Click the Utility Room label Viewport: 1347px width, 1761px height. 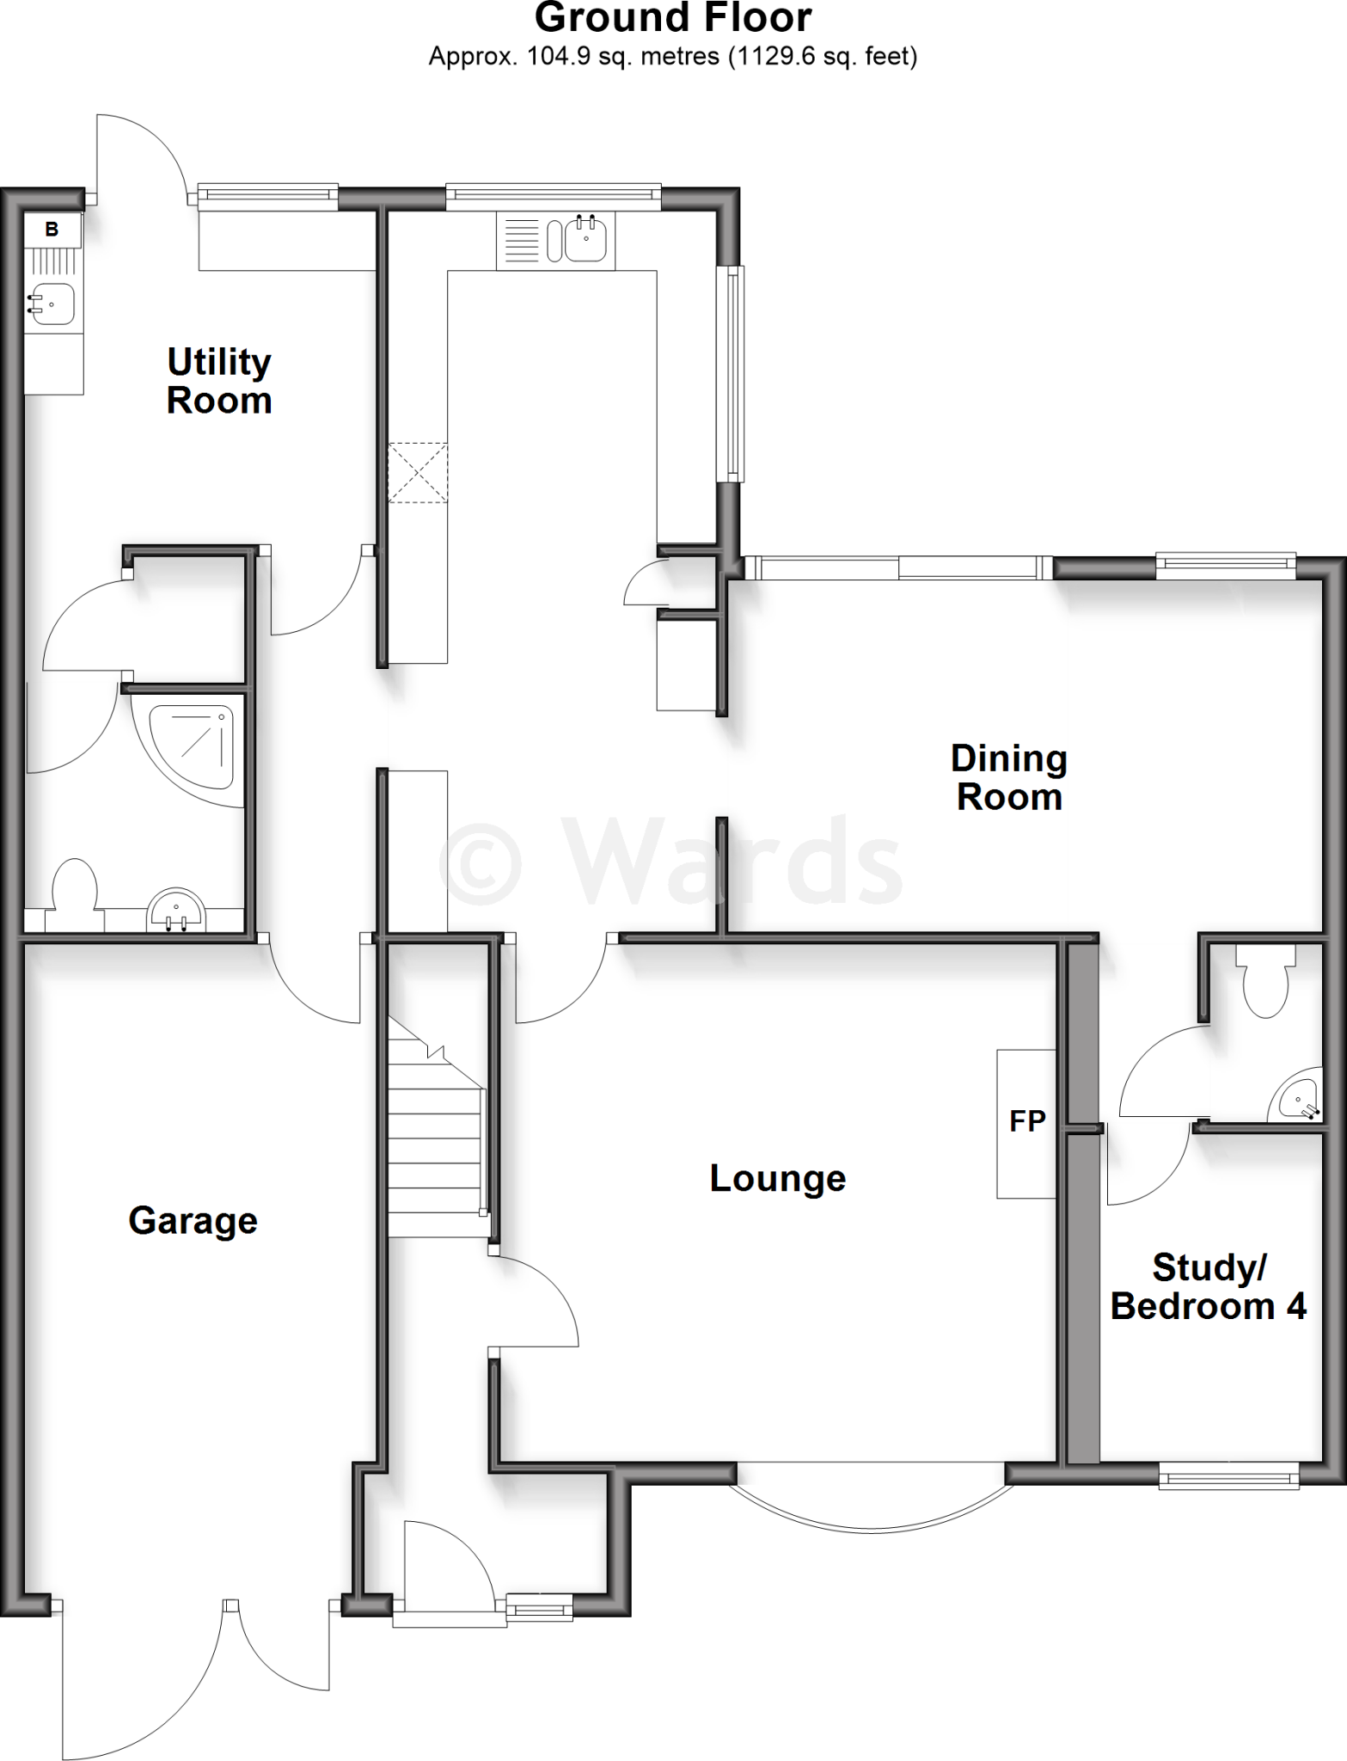pos(219,381)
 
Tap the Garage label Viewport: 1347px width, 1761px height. pos(193,1220)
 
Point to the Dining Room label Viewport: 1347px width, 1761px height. pos(1008,777)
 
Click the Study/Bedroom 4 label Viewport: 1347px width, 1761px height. pos(1208,1286)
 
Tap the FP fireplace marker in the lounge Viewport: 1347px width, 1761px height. pos(1026,1121)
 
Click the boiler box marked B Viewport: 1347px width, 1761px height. pos(52,230)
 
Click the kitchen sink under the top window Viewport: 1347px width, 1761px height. pos(588,239)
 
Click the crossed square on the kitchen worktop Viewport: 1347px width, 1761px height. pos(418,472)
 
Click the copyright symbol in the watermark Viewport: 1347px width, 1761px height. pos(480,861)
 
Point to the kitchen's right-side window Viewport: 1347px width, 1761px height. pos(732,373)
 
